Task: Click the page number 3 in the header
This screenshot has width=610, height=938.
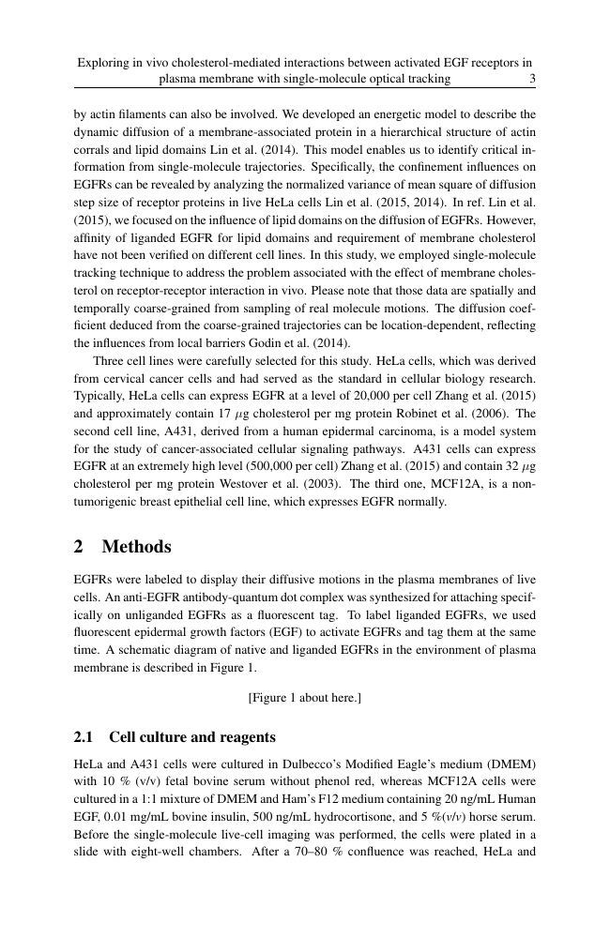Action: [532, 80]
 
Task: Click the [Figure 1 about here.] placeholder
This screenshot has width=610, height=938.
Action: [304, 698]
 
